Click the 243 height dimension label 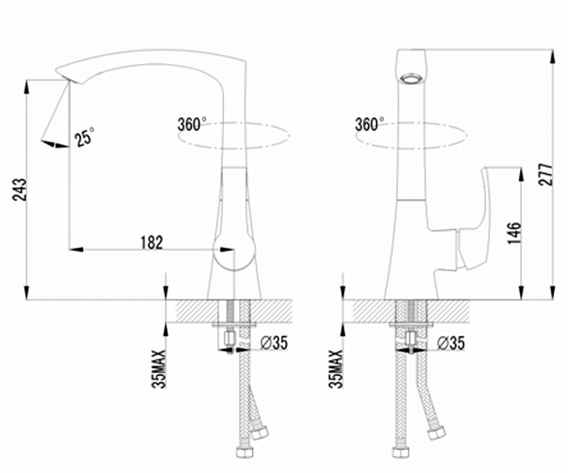(19, 190)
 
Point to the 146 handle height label (515, 234)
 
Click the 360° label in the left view (192, 124)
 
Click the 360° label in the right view (369, 124)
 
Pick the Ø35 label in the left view (274, 342)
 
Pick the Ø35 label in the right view (451, 342)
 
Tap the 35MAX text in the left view (159, 369)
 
